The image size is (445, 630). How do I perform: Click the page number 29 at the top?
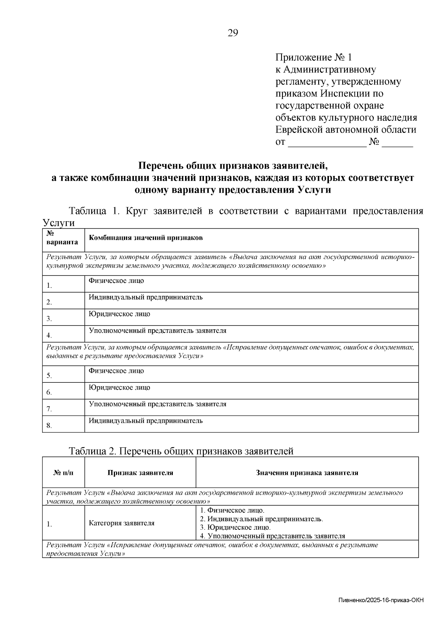point(233,33)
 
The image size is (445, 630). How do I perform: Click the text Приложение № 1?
point(313,58)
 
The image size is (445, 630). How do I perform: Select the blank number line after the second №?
point(397,143)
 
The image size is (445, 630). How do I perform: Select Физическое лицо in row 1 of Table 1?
point(116,281)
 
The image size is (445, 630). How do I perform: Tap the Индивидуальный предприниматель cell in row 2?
point(146,297)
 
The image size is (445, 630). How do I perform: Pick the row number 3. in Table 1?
point(49,319)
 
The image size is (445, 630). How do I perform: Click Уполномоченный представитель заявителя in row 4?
point(158,331)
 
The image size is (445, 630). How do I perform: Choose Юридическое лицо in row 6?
point(119,388)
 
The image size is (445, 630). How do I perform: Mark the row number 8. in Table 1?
point(49,426)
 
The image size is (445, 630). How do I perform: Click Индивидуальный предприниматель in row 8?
point(146,421)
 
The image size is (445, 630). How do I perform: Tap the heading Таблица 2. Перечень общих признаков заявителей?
point(181,451)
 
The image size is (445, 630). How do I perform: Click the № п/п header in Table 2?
point(63,473)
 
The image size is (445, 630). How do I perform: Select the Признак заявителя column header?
point(140,473)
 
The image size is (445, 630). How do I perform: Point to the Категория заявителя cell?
point(122,523)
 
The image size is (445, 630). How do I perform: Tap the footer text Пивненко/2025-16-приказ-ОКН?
point(381,600)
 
